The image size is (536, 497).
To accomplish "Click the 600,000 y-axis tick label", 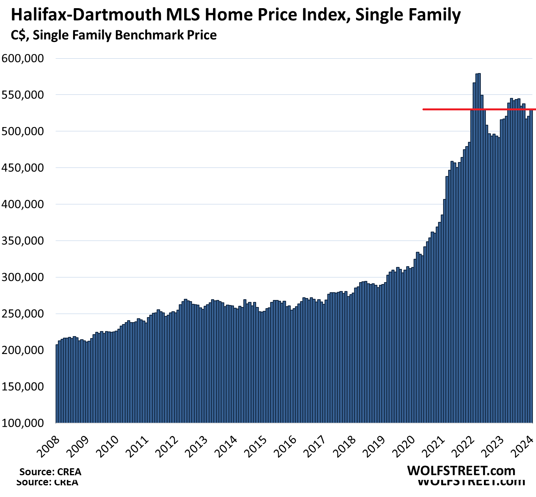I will (23, 58).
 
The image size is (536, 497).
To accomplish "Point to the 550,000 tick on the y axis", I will (23, 95).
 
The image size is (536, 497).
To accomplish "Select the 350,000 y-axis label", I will (23, 241).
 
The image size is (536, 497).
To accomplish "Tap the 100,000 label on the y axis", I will (23, 423).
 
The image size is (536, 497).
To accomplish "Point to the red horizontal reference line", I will (447, 110).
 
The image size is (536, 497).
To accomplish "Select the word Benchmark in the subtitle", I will (142, 35).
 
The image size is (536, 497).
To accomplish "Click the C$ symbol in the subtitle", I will (19, 35).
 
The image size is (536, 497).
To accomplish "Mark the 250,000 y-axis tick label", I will (23, 314).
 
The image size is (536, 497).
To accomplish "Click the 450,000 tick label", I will (23, 168).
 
